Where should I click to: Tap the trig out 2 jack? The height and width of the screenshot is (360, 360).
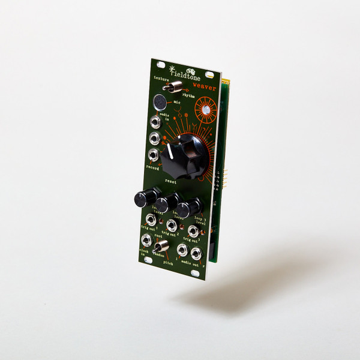point(172,226)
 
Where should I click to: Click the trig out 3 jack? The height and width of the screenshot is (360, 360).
point(194,231)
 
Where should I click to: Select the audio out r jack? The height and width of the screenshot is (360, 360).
point(197,254)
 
